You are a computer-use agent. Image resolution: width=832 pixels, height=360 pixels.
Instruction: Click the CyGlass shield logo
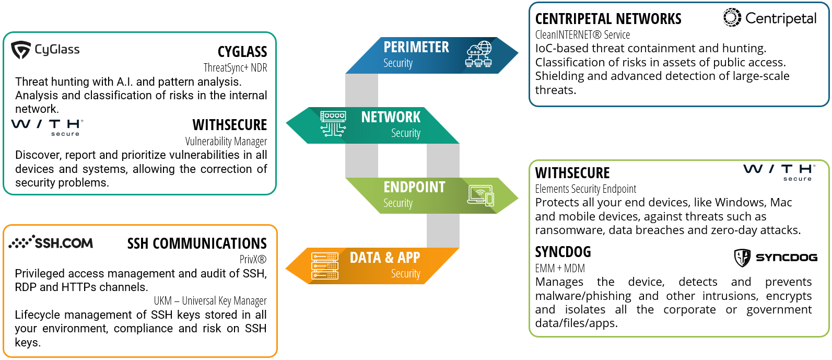(21, 50)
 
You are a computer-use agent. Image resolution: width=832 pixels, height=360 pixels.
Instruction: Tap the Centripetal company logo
(769, 18)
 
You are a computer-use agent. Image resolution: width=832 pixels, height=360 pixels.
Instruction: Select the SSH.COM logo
(51, 242)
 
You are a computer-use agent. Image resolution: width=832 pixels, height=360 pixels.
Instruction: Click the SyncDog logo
(776, 257)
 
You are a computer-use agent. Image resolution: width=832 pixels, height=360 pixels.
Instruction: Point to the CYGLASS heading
(242, 52)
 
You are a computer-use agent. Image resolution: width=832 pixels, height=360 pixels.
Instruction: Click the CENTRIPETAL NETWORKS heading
(608, 19)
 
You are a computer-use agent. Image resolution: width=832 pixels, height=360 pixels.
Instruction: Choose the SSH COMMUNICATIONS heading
(197, 243)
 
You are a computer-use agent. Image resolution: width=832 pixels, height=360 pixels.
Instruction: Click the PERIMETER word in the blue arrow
(416, 47)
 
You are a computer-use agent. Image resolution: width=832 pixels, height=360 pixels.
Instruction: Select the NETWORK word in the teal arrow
(391, 117)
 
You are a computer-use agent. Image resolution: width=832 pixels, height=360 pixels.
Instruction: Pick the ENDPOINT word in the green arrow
(414, 187)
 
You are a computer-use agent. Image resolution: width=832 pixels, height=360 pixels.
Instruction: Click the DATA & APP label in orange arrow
(384, 258)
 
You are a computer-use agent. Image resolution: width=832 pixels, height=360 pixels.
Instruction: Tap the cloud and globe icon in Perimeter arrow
(478, 54)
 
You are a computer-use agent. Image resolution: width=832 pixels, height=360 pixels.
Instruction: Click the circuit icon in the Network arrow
(333, 124)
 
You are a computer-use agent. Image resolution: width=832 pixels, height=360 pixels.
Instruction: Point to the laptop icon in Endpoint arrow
(481, 195)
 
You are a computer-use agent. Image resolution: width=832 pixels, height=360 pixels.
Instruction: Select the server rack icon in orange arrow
(324, 265)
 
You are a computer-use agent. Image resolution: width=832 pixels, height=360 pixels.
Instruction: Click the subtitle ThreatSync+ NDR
(235, 67)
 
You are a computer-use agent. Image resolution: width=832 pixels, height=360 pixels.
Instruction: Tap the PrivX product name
(253, 259)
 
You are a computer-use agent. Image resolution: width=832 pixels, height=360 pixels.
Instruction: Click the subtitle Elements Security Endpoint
(585, 189)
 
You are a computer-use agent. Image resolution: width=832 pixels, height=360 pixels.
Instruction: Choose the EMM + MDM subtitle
(559, 268)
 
